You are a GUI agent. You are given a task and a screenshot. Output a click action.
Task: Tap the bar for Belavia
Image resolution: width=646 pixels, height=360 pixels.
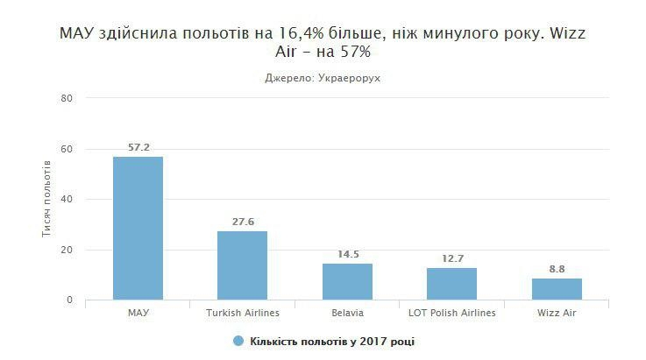coord(347,281)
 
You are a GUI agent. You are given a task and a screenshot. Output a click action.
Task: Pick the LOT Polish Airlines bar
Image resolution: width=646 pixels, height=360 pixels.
coord(451,284)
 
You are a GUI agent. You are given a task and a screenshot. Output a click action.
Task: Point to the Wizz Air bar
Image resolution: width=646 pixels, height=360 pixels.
coord(557,289)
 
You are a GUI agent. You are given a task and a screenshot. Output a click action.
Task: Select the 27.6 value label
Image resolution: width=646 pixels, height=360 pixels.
coord(243,222)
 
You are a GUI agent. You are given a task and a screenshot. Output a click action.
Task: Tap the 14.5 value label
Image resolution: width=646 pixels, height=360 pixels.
coord(348,255)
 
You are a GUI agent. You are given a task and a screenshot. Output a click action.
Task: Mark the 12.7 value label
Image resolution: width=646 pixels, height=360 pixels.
coord(452,259)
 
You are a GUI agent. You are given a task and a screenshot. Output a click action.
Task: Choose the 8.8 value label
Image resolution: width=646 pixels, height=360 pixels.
coord(557,270)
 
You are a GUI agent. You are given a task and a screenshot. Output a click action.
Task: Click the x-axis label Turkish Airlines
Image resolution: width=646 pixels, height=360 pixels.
coord(242,313)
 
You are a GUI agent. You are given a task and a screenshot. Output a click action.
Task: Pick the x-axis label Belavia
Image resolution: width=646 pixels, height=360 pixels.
coord(347,313)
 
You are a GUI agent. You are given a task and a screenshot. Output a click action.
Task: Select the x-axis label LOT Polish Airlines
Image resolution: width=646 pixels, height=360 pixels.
coord(451,313)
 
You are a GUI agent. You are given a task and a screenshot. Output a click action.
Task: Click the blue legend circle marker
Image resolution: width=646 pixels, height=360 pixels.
coord(238,341)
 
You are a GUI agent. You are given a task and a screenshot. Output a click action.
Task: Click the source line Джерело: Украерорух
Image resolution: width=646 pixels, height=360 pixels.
coord(323,78)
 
